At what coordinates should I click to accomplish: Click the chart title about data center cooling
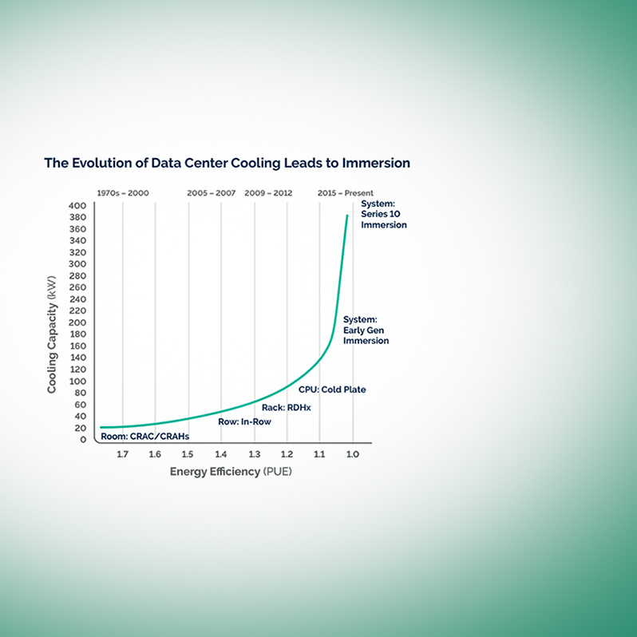[x=227, y=163]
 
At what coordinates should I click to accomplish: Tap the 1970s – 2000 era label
[x=122, y=193]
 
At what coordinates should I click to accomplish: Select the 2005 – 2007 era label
[x=212, y=193]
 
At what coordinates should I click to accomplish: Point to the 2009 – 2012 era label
[x=268, y=193]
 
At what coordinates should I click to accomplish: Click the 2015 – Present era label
[x=345, y=193]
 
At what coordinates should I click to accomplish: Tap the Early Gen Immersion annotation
[x=366, y=330]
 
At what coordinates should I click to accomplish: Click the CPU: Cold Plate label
[x=331, y=390]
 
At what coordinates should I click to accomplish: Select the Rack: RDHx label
[x=286, y=407]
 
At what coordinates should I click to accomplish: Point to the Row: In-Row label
[x=244, y=421]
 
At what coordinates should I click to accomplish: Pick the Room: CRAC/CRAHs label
[x=149, y=436]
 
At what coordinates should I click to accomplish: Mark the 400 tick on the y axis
[x=77, y=205]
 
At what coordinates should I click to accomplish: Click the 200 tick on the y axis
[x=77, y=322]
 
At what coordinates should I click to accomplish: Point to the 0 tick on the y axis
[x=82, y=439]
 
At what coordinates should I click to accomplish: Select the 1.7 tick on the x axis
[x=122, y=454]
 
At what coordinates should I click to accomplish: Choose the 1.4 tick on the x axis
[x=221, y=454]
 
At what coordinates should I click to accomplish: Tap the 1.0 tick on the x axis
[x=352, y=454]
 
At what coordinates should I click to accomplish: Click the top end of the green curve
[x=347, y=216]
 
